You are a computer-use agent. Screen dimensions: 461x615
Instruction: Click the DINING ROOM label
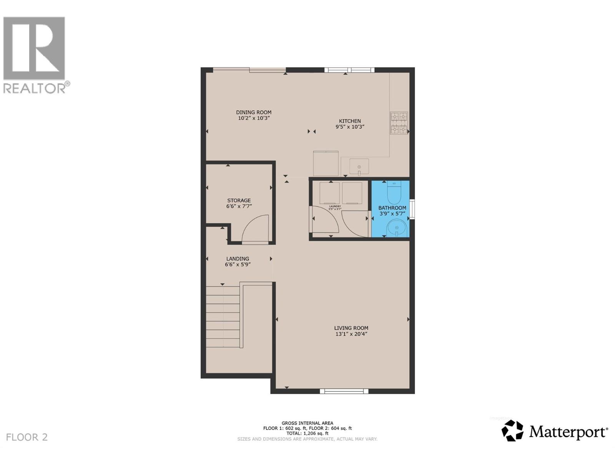point(254,112)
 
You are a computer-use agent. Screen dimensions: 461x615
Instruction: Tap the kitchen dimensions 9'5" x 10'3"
point(350,127)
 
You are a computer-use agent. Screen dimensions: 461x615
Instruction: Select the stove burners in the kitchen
point(399,123)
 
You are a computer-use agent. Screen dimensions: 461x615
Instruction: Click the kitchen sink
point(359,167)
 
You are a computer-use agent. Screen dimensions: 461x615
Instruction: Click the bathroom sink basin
point(396,229)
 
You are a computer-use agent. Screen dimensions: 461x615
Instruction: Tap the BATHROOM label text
point(392,208)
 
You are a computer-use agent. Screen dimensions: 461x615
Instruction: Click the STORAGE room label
point(239,200)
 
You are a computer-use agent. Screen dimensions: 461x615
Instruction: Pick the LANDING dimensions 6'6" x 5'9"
point(238,264)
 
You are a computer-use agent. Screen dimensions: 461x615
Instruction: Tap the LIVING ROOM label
point(351,328)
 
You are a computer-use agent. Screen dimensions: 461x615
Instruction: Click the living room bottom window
point(344,391)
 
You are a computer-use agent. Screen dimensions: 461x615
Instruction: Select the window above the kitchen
point(349,70)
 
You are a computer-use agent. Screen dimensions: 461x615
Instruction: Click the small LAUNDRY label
point(335,206)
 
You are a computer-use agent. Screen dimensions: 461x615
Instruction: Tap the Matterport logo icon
point(513,431)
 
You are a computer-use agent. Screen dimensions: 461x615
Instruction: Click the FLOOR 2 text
point(27,437)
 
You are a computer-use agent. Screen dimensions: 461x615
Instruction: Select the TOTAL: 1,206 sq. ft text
point(307,433)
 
